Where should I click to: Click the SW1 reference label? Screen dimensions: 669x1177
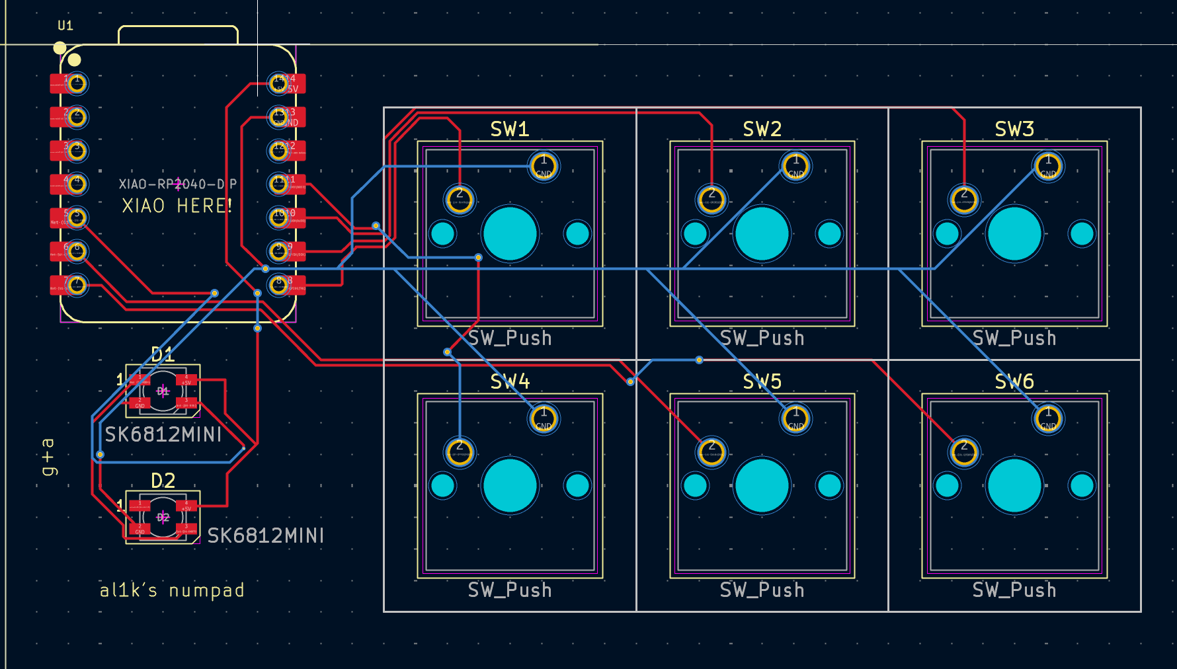pyautogui.click(x=509, y=129)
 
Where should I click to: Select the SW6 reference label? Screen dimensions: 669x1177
pyautogui.click(x=1014, y=381)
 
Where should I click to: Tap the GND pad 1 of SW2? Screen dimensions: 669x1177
pyautogui.click(x=795, y=167)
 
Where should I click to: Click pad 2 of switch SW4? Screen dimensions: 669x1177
pyautogui.click(x=460, y=452)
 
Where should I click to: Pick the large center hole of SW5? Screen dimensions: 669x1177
pyautogui.click(x=762, y=486)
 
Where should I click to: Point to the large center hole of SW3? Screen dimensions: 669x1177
pyautogui.click(x=1014, y=233)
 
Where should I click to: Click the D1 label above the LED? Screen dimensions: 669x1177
pyautogui.click(x=163, y=355)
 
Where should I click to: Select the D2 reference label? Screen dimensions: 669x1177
pyautogui.click(x=163, y=481)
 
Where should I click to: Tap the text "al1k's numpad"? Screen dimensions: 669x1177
pyautogui.click(x=172, y=590)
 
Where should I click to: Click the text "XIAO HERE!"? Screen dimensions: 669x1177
pyautogui.click(x=177, y=206)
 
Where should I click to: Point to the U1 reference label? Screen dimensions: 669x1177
pyautogui.click(x=65, y=26)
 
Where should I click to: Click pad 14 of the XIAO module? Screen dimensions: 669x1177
pyautogui.click(x=279, y=83)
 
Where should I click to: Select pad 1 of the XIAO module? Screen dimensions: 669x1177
pyautogui.click(x=76, y=83)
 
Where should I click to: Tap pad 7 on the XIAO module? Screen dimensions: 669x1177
pyautogui.click(x=76, y=285)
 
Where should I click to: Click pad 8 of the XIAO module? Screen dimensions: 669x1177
pyautogui.click(x=279, y=285)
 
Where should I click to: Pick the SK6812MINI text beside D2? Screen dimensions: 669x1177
pyautogui.click(x=266, y=535)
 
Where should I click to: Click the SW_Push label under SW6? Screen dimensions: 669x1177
pyautogui.click(x=1014, y=590)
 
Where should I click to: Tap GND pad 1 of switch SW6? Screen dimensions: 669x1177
pyautogui.click(x=1048, y=418)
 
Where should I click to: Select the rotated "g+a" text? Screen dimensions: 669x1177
pyautogui.click(x=48, y=456)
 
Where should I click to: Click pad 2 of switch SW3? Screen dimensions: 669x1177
pyautogui.click(x=964, y=199)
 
